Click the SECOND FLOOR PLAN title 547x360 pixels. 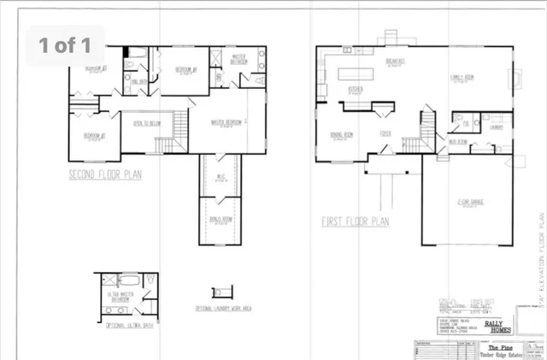105,174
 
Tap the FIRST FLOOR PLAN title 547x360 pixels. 356,221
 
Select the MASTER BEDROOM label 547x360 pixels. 226,121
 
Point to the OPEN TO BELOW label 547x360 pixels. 148,123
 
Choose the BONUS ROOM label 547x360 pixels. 221,218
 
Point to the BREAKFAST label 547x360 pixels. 395,61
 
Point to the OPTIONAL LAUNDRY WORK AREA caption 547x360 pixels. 224,306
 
